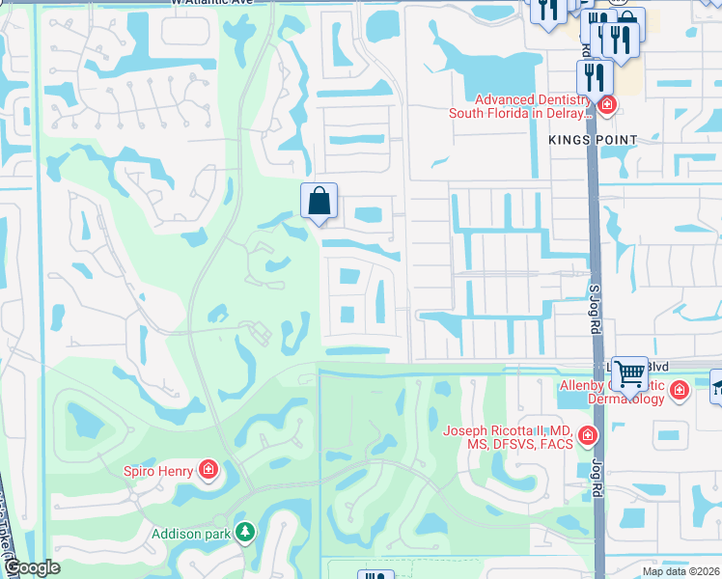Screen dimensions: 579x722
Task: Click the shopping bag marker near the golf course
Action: [x=319, y=202]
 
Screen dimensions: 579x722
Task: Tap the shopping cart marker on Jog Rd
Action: [x=629, y=372]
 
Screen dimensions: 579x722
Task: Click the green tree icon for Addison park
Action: [x=246, y=533]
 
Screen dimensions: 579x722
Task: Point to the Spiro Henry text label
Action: [x=159, y=471]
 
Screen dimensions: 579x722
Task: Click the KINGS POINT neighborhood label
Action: [x=593, y=140]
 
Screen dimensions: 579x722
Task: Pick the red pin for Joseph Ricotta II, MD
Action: [x=587, y=438]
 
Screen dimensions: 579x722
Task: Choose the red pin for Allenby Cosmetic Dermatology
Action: [x=680, y=390]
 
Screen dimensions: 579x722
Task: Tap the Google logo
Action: [x=33, y=568]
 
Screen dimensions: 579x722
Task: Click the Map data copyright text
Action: [x=680, y=571]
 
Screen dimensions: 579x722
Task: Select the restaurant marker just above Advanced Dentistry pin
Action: [x=595, y=76]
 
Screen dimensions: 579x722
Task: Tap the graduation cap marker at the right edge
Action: [x=716, y=388]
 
